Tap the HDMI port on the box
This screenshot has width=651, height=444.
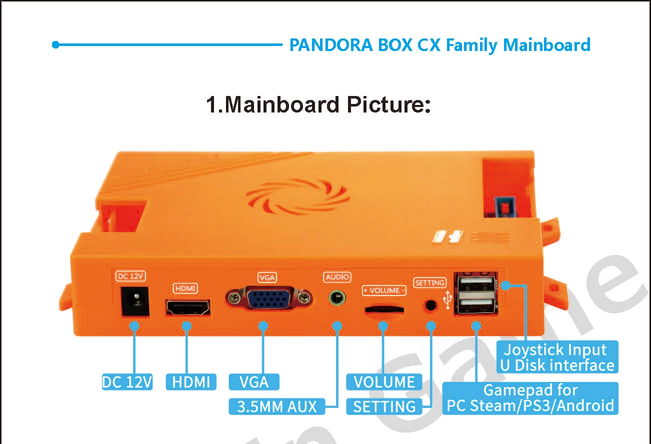coord(187,307)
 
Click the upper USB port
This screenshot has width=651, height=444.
coord(475,284)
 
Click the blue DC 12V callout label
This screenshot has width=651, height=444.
coord(127,382)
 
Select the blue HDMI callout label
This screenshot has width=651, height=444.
coord(191,382)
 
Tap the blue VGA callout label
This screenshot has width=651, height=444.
coord(254,382)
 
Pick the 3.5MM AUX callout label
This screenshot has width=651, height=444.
coord(277,406)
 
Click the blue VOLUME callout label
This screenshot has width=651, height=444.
coord(384,382)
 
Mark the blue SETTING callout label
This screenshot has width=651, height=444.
coord(384,406)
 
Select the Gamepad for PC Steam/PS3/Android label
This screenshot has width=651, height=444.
coord(530,398)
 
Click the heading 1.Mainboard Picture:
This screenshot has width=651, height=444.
coord(318,105)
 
